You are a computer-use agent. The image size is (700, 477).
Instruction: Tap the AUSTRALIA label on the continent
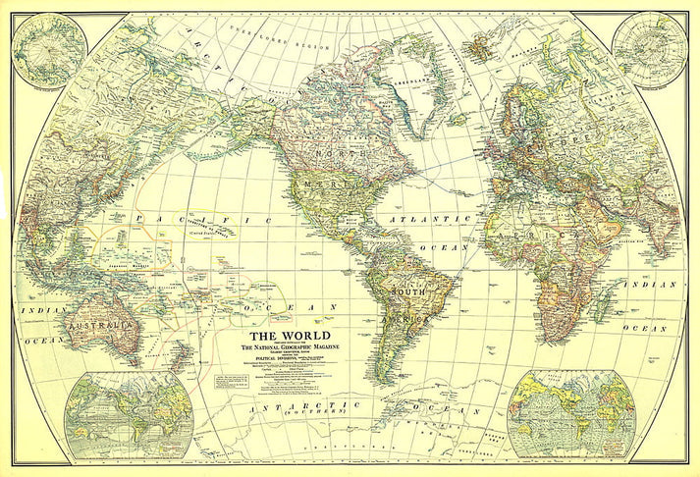click(97, 324)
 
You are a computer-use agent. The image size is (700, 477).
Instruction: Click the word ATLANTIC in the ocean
click(422, 220)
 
